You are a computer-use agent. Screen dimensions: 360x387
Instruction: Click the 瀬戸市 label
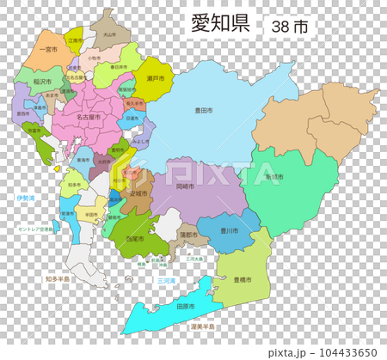pyautogui.click(x=156, y=78)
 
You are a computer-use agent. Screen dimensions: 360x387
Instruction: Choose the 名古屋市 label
pyautogui.click(x=87, y=116)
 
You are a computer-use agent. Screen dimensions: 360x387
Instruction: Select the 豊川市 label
pyautogui.click(x=227, y=230)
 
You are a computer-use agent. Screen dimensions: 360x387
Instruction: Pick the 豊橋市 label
pyautogui.click(x=243, y=281)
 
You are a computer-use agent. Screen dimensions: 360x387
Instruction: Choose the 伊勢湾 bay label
pyautogui.click(x=26, y=198)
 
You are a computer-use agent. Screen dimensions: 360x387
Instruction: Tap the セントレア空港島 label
pyautogui.click(x=38, y=230)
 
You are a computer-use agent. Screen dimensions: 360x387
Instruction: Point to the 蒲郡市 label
pyautogui.click(x=187, y=234)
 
